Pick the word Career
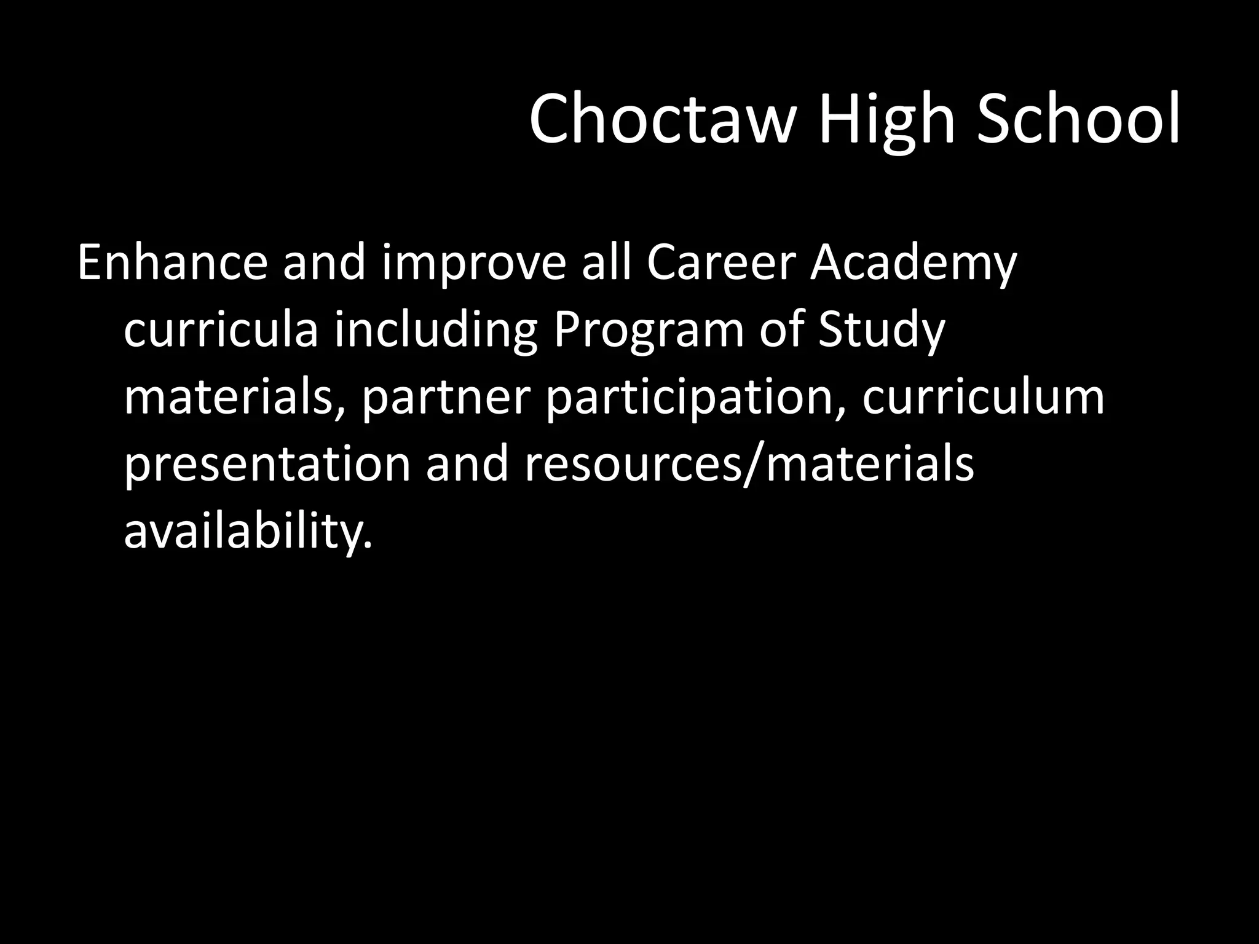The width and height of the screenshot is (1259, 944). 720,264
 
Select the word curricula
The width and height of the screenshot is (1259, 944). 221,331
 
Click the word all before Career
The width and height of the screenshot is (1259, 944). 608,264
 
